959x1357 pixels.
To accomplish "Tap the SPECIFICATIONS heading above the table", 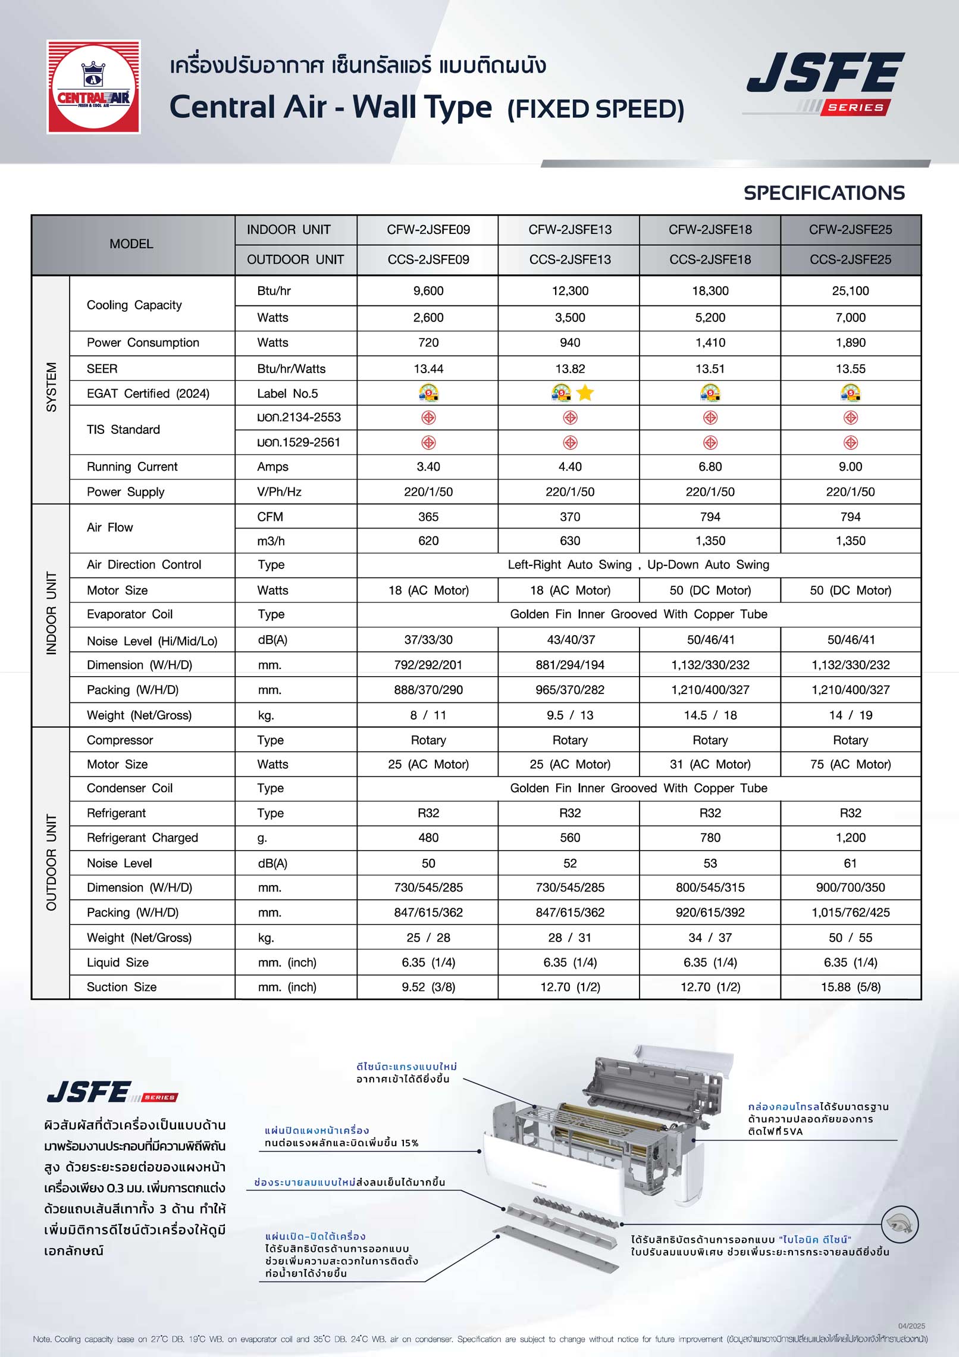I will (823, 193).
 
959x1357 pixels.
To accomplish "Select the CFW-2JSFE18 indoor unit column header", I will (710, 230).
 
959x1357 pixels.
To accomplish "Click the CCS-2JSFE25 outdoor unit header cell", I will (850, 259).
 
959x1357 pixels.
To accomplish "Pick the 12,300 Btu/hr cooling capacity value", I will (569, 291).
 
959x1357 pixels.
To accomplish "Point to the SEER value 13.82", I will (569, 369).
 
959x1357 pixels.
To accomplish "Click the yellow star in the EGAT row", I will (585, 393).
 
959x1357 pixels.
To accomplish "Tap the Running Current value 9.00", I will (850, 467).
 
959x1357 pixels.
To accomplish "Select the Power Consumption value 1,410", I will (710, 343).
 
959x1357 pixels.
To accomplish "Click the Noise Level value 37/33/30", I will (428, 640).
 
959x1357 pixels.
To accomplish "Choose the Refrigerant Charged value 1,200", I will (850, 837).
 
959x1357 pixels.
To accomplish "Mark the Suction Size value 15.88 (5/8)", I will (850, 987).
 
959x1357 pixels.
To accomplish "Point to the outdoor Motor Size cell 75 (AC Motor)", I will (850, 764).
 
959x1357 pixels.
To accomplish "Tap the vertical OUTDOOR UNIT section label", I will (52, 862).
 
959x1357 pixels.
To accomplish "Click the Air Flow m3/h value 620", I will (428, 541).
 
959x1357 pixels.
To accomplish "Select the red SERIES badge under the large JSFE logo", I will (855, 108).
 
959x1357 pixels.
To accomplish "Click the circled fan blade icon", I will (900, 1224).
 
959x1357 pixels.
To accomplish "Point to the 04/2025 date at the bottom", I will (911, 1326).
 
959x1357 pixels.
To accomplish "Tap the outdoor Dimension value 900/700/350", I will (850, 887).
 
